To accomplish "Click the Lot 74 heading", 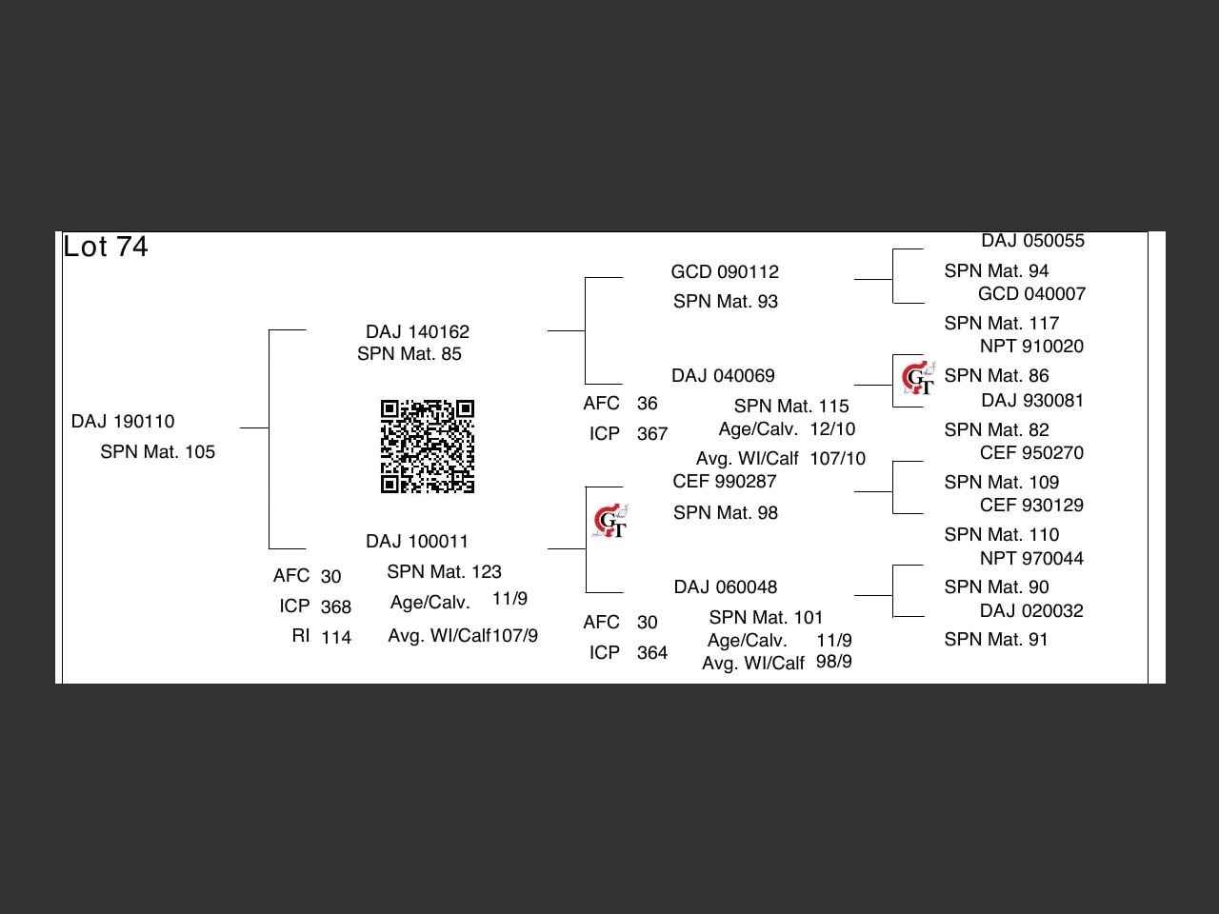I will point(106,248).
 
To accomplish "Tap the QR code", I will point(428,447).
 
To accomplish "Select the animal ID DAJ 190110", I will point(123,422).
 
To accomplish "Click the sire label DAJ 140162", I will point(417,332).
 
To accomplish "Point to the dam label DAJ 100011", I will point(417,542).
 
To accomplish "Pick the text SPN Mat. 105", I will point(157,452).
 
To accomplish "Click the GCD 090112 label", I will point(725,272).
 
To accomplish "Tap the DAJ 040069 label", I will point(723,376).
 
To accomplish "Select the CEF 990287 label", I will point(724,482).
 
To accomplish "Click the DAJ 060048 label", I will point(725,587).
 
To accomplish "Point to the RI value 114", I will point(336,638).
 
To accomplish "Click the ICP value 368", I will point(335,607).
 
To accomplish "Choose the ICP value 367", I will point(652,434).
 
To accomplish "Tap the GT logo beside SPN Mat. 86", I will point(919,378).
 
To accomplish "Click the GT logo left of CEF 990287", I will point(610,521).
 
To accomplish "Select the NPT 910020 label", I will point(1031,347).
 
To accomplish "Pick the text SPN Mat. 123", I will point(444,572).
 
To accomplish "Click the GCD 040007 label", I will point(1031,294).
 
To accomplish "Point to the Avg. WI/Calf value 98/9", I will point(834,662).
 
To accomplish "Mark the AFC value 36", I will point(648,404).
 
